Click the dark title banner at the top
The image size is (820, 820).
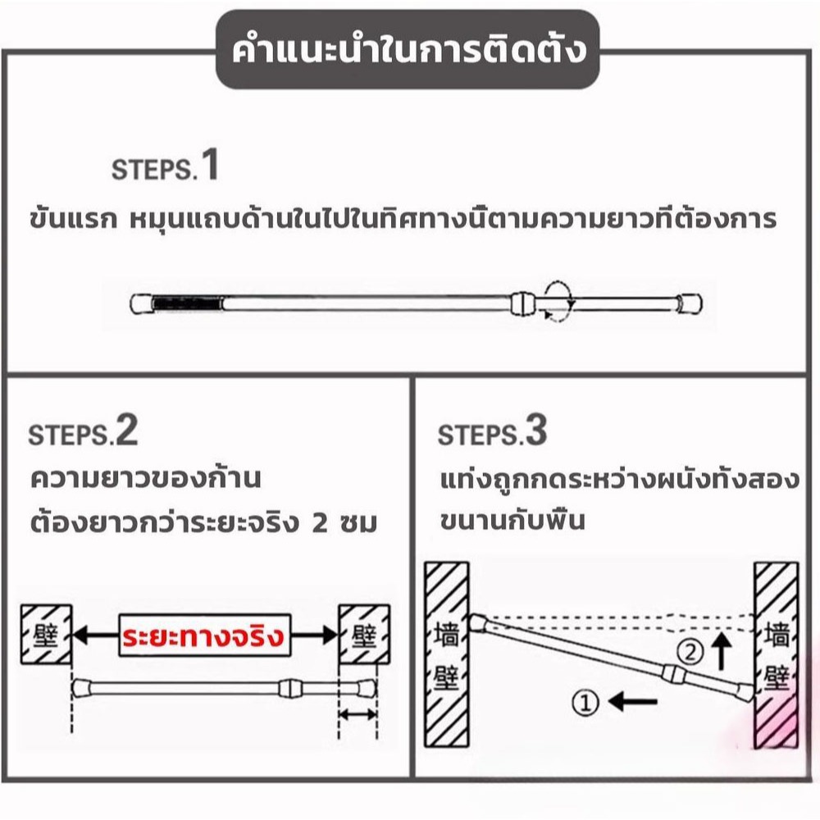click(408, 50)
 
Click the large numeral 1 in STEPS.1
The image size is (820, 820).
click(210, 165)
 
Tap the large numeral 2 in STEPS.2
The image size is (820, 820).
click(126, 430)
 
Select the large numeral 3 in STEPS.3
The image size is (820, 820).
click(536, 430)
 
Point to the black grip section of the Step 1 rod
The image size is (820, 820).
click(187, 304)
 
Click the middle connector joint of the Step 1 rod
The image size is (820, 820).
click(523, 303)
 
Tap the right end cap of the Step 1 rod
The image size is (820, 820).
click(690, 304)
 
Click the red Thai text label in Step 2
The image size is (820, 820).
click(203, 636)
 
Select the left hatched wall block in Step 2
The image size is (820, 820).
click(46, 635)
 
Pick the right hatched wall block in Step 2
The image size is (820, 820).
click(364, 635)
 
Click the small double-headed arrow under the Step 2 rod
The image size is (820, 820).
click(358, 714)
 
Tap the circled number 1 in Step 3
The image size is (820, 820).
click(585, 703)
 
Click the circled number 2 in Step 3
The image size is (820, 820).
click(690, 652)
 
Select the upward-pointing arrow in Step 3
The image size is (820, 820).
click(722, 650)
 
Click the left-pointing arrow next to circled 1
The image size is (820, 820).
click(632, 701)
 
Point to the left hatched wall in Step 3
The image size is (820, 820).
click(446, 654)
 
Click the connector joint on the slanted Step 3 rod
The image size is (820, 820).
click(674, 673)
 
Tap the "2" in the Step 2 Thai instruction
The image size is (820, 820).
click(319, 523)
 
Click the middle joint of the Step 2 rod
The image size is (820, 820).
click(290, 688)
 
